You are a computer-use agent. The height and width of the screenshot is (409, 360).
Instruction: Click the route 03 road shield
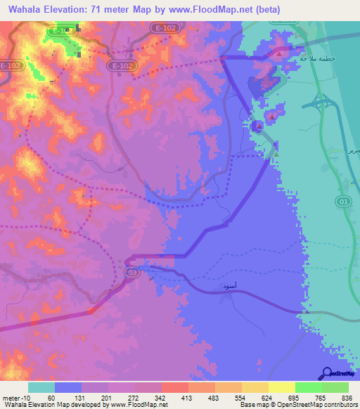point(131,271)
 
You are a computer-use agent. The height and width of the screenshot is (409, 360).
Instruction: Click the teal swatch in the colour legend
point(41,387)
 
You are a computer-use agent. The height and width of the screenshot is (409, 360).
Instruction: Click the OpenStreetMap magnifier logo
point(328,373)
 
